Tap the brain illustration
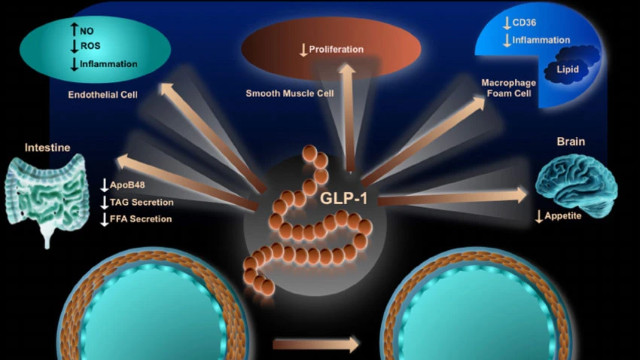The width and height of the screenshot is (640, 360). pyautogui.click(x=576, y=180)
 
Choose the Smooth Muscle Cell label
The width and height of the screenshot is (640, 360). pyautogui.click(x=290, y=94)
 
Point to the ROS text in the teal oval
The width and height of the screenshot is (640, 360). pyautogui.click(x=90, y=47)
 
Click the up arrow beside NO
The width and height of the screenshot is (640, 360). pyautogui.click(x=75, y=32)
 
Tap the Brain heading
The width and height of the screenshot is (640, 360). pyautogui.click(x=570, y=141)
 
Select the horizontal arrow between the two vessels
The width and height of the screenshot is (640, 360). pyautogui.click(x=316, y=344)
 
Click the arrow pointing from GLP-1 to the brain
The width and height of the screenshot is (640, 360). pyautogui.click(x=452, y=197)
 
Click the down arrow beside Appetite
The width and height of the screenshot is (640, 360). pyautogui.click(x=538, y=217)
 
